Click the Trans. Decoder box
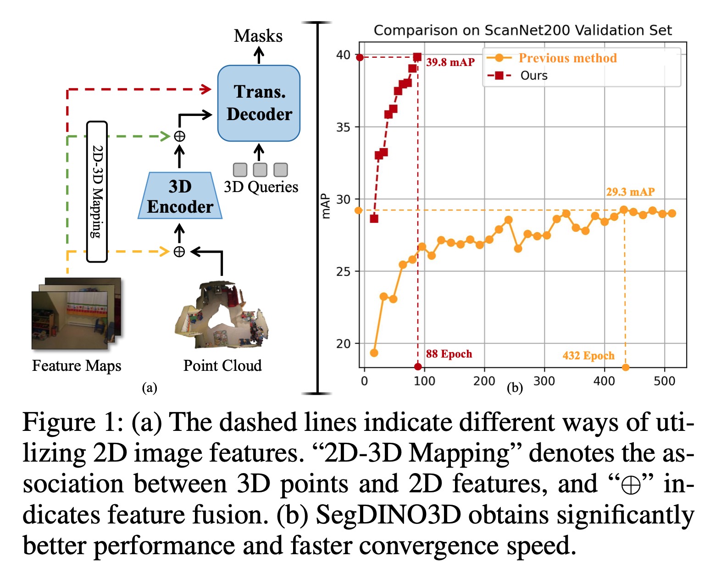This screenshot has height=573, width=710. click(x=259, y=103)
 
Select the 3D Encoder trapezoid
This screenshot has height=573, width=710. click(x=180, y=196)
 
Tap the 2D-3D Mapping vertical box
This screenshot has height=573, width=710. click(x=97, y=192)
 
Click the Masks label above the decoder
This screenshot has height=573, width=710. click(x=258, y=36)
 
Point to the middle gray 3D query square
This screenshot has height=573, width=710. click(x=260, y=170)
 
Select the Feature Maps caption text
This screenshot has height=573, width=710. click(x=77, y=366)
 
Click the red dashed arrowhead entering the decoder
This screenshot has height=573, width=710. click(x=206, y=89)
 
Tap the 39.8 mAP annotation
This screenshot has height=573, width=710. click(x=450, y=62)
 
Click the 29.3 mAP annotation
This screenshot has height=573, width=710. click(x=630, y=192)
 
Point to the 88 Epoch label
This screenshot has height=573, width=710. click(x=449, y=354)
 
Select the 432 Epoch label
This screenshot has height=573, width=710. click(x=588, y=356)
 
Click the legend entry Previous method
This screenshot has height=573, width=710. click(x=567, y=58)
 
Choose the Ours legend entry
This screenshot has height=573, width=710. click(x=534, y=76)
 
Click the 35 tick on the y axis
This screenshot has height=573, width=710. click(x=343, y=127)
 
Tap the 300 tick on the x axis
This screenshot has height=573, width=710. click(x=544, y=381)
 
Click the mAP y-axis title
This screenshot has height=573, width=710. click(x=326, y=206)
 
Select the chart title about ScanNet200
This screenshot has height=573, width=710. click(x=522, y=30)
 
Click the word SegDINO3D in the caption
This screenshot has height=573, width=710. click(x=388, y=515)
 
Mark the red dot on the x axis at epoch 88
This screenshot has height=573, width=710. click(x=418, y=366)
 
